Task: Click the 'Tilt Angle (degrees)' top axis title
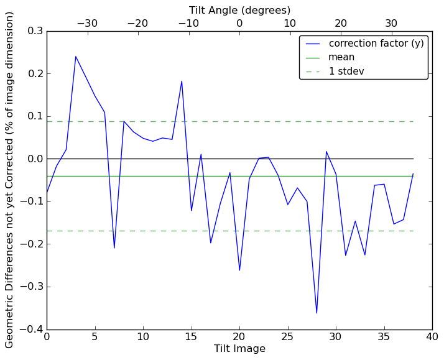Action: pos(239,10)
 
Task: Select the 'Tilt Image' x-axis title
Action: pos(239,349)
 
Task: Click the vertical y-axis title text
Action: pos(10,180)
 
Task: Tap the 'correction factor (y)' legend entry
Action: pos(376,44)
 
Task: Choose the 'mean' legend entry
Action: pos(341,57)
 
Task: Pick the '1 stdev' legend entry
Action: pos(346,72)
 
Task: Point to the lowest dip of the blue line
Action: pos(317,313)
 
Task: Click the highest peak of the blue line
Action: pos(76,57)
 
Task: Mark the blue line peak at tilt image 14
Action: pos(182,81)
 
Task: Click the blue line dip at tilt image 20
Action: pos(239,270)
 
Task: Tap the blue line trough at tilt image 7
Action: pos(114,248)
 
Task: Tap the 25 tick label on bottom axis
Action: pos(287,336)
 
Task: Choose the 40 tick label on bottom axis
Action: pos(432,336)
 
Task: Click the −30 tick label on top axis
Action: pos(87,24)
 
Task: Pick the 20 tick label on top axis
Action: pos(341,24)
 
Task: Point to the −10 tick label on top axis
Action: pos(188,24)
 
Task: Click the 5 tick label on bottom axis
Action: pos(95,336)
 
